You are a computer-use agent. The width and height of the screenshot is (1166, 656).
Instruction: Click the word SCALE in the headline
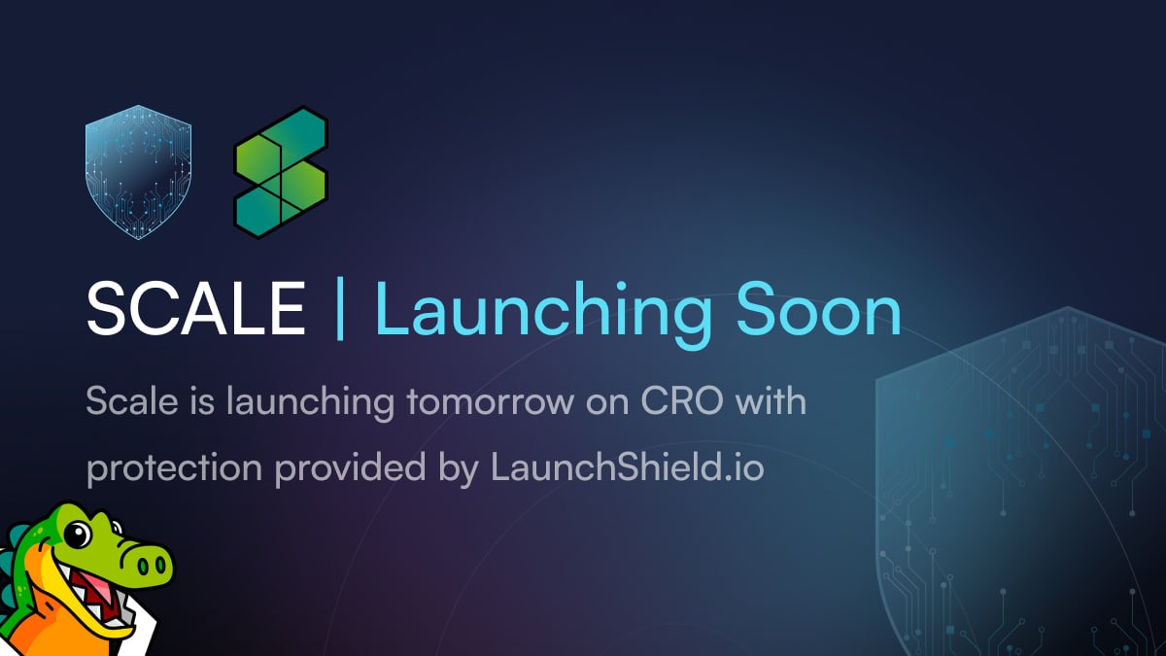click(195, 309)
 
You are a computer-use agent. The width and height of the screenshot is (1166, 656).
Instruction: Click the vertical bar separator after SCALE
click(339, 309)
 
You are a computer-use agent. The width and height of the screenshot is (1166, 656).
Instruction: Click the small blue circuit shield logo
click(138, 171)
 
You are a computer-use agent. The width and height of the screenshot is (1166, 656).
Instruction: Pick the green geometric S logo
click(281, 171)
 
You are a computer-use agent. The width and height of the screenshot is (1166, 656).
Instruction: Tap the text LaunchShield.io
click(627, 467)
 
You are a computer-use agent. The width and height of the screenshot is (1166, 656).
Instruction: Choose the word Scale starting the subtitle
click(124, 401)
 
